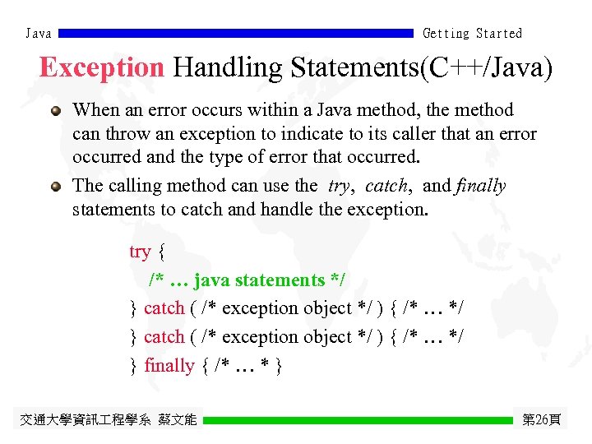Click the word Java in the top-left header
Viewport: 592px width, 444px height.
[39, 34]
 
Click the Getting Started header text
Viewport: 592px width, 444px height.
[472, 34]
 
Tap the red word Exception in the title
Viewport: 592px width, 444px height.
[102, 67]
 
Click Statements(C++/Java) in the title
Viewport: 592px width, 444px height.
[420, 67]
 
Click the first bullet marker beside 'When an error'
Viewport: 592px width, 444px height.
[55, 111]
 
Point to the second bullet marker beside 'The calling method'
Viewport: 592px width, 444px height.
[55, 187]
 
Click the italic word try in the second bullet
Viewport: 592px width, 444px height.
[338, 186]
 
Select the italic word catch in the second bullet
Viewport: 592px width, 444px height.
[385, 186]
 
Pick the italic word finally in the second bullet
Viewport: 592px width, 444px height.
[480, 186]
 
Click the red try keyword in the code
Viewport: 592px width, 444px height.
[140, 252]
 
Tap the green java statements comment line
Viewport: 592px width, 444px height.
[247, 280]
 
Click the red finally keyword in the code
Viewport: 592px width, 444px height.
[169, 366]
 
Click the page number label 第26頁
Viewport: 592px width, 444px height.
[542, 420]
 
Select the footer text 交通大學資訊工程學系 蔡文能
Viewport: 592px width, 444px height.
[108, 420]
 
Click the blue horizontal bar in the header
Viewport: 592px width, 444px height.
[237, 34]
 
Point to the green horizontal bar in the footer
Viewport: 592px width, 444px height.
[358, 420]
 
